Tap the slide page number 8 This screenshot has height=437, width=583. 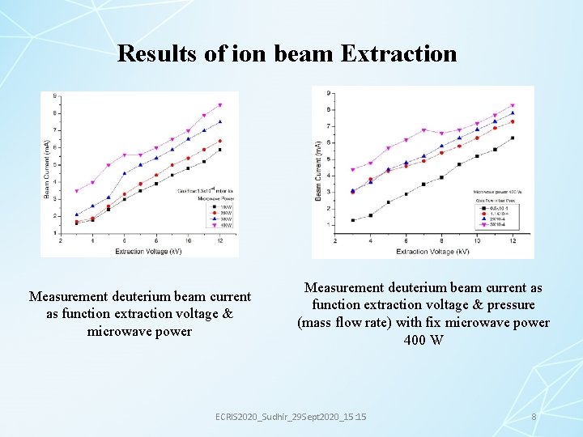pos(534,416)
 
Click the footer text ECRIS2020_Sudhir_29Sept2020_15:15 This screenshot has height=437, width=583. pos(291,416)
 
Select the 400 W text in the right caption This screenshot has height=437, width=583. pos(423,339)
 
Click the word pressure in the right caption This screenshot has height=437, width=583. pos(507,305)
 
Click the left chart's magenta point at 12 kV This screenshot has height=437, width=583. pos(219,105)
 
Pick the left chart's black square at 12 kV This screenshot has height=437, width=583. pos(219,150)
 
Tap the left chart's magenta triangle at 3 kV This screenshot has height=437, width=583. pos(77,191)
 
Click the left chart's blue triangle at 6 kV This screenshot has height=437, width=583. pos(125,173)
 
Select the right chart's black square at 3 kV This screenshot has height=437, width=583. pos(353,220)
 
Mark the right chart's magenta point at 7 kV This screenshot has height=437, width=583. pos(423,130)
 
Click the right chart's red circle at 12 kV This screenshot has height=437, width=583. pos(512,122)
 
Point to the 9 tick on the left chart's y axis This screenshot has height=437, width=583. pos(54,96)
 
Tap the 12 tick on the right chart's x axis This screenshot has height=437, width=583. pos(512,241)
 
